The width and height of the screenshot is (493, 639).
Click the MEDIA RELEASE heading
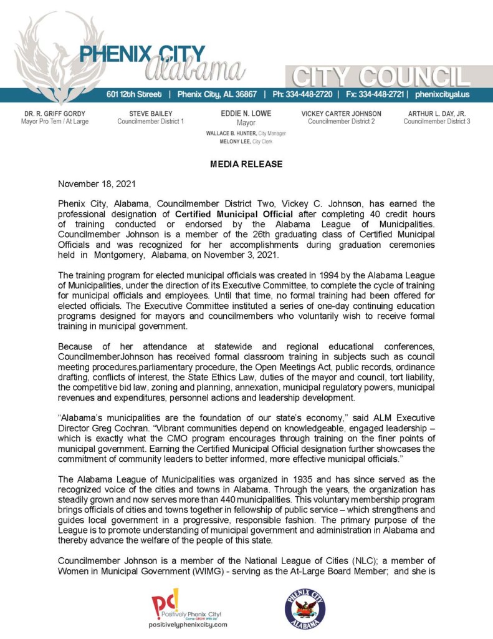coord(246,164)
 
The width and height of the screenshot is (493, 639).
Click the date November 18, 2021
coord(94,184)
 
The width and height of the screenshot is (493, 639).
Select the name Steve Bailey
coord(150,114)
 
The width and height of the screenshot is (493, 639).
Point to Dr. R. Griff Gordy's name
coord(55,114)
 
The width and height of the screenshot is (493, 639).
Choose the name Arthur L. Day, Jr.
coord(437,114)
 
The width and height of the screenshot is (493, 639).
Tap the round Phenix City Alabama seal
coord(305,608)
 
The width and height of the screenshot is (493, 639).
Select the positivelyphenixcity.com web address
coord(188,624)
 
